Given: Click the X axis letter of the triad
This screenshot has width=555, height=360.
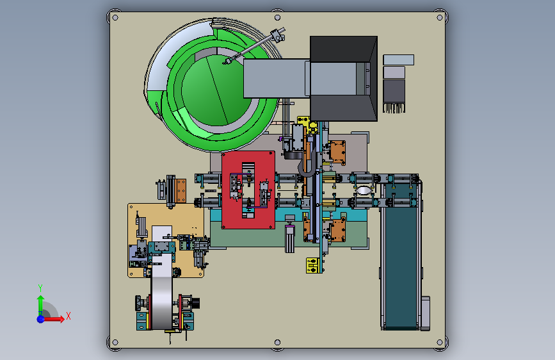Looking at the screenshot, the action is point(68,316).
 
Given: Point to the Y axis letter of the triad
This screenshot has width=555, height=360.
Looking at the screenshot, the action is point(40,288).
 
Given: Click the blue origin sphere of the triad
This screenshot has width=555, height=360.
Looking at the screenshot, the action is point(41,319).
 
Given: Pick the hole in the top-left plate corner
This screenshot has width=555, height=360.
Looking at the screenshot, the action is point(115,18).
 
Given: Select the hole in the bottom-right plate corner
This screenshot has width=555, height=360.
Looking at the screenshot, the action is point(440,342).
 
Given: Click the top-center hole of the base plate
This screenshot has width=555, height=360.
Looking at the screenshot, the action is point(278,18).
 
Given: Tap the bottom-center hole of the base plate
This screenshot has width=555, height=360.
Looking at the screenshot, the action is point(278,342).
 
